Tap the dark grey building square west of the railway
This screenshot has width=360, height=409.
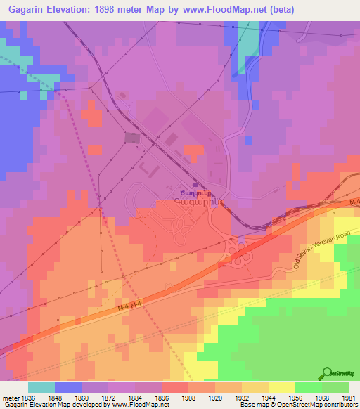coord(131,138)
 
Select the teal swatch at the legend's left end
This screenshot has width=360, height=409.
coord(41,387)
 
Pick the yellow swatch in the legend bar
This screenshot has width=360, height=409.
coord(281,387)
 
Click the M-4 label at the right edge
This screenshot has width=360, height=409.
coord(354,203)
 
